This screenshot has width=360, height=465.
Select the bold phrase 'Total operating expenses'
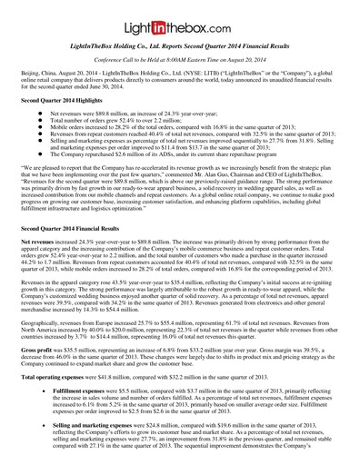tap(57, 376)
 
